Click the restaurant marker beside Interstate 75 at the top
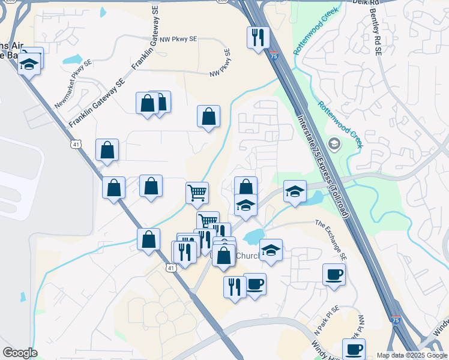click(x=258, y=38)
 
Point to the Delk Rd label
click(x=372, y=3)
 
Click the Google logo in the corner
click(x=19, y=353)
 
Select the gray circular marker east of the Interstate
click(x=334, y=144)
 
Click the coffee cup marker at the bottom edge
click(x=354, y=349)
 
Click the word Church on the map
click(x=247, y=256)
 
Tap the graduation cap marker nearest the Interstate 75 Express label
click(x=295, y=191)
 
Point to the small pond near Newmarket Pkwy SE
click(x=72, y=59)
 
